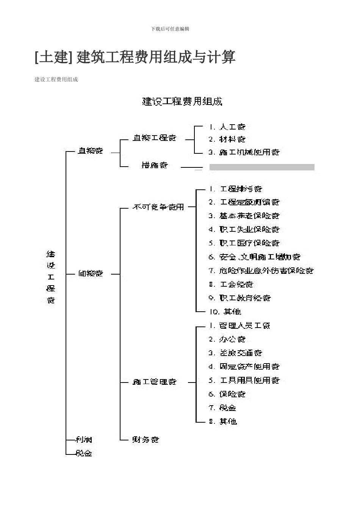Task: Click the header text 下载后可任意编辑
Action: [170, 29]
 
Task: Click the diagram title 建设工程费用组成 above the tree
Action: [182, 101]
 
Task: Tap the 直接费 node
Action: [90, 151]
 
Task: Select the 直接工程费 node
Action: [155, 138]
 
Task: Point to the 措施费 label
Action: [155, 165]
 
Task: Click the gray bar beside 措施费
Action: [262, 167]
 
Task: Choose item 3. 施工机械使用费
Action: [244, 152]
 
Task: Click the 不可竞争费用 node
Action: [158, 207]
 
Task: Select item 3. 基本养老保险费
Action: [244, 216]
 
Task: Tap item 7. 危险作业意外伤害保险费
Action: [261, 271]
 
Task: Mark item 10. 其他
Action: [225, 312]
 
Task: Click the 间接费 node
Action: [91, 273]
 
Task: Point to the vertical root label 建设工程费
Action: [51, 277]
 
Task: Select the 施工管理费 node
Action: [155, 382]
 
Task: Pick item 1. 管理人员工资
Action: [239, 326]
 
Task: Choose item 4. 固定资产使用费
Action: [244, 367]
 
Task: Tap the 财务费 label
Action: [146, 440]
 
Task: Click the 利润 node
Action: [84, 440]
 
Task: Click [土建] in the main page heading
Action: [53, 58]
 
